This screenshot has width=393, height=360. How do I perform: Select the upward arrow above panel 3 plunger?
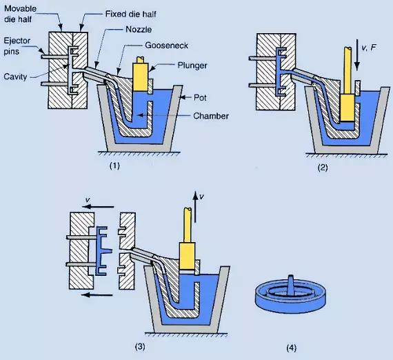point(195,201)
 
